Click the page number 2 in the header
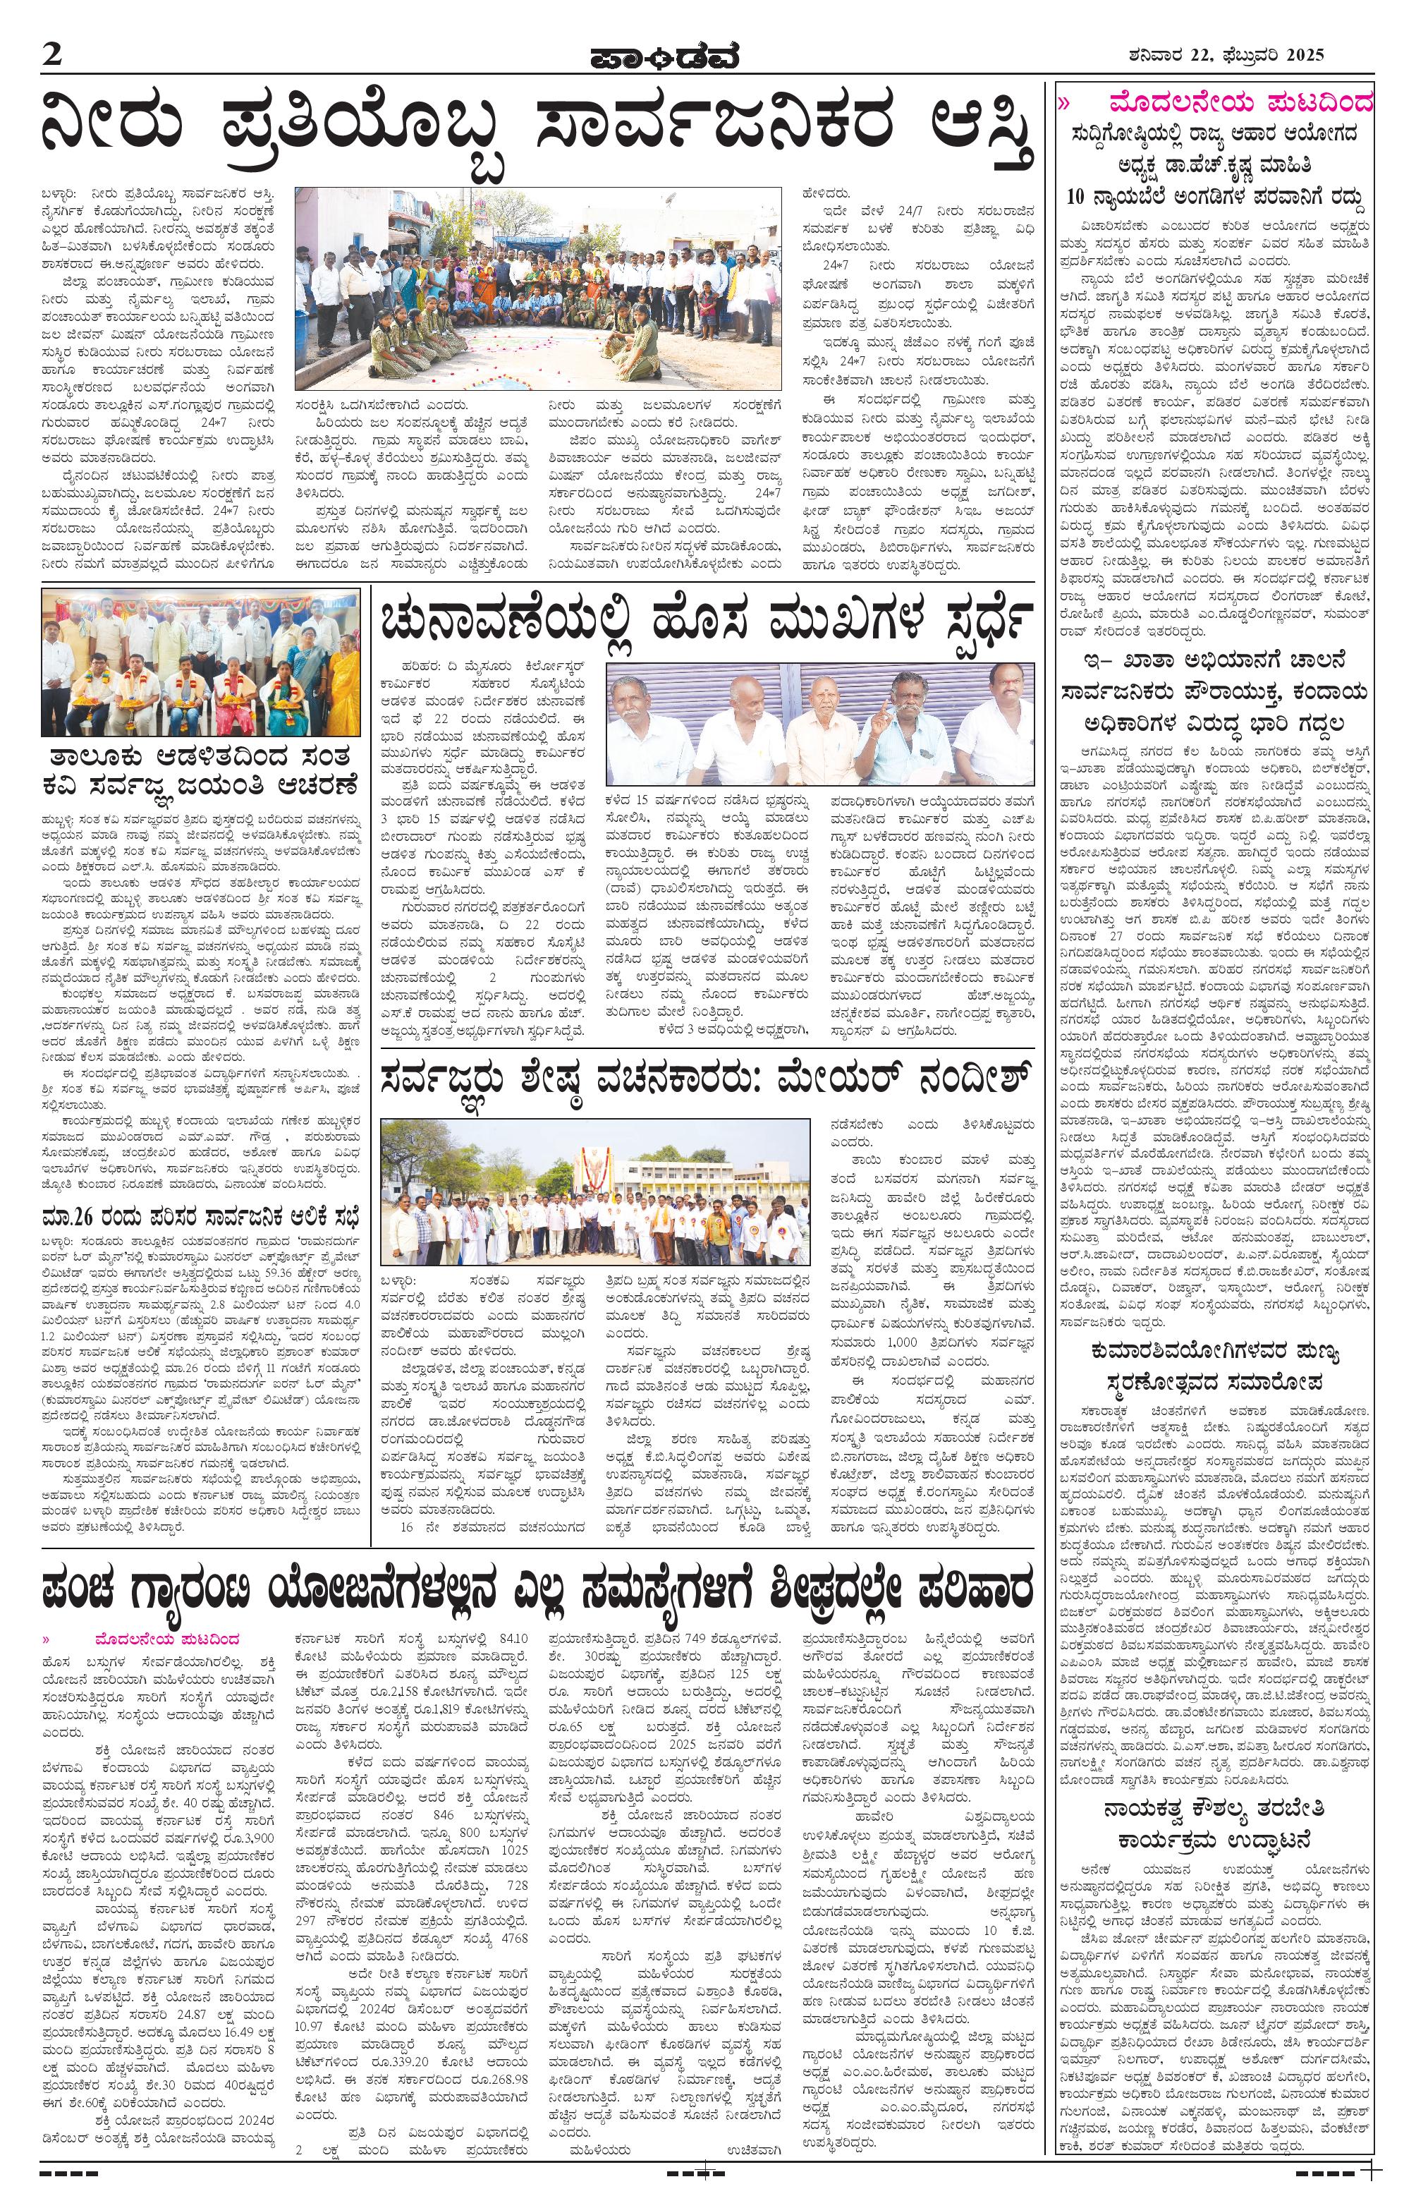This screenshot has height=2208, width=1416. point(52,54)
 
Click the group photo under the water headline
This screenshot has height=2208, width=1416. point(538,288)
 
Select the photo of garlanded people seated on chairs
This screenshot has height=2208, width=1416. point(200,663)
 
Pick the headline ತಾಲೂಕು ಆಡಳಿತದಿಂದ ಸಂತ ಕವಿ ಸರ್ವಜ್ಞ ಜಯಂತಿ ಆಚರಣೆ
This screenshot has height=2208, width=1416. point(200,772)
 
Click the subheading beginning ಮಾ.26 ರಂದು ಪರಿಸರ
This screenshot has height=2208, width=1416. point(200,1215)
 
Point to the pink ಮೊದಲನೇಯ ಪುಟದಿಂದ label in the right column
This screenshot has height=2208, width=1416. point(1240,100)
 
